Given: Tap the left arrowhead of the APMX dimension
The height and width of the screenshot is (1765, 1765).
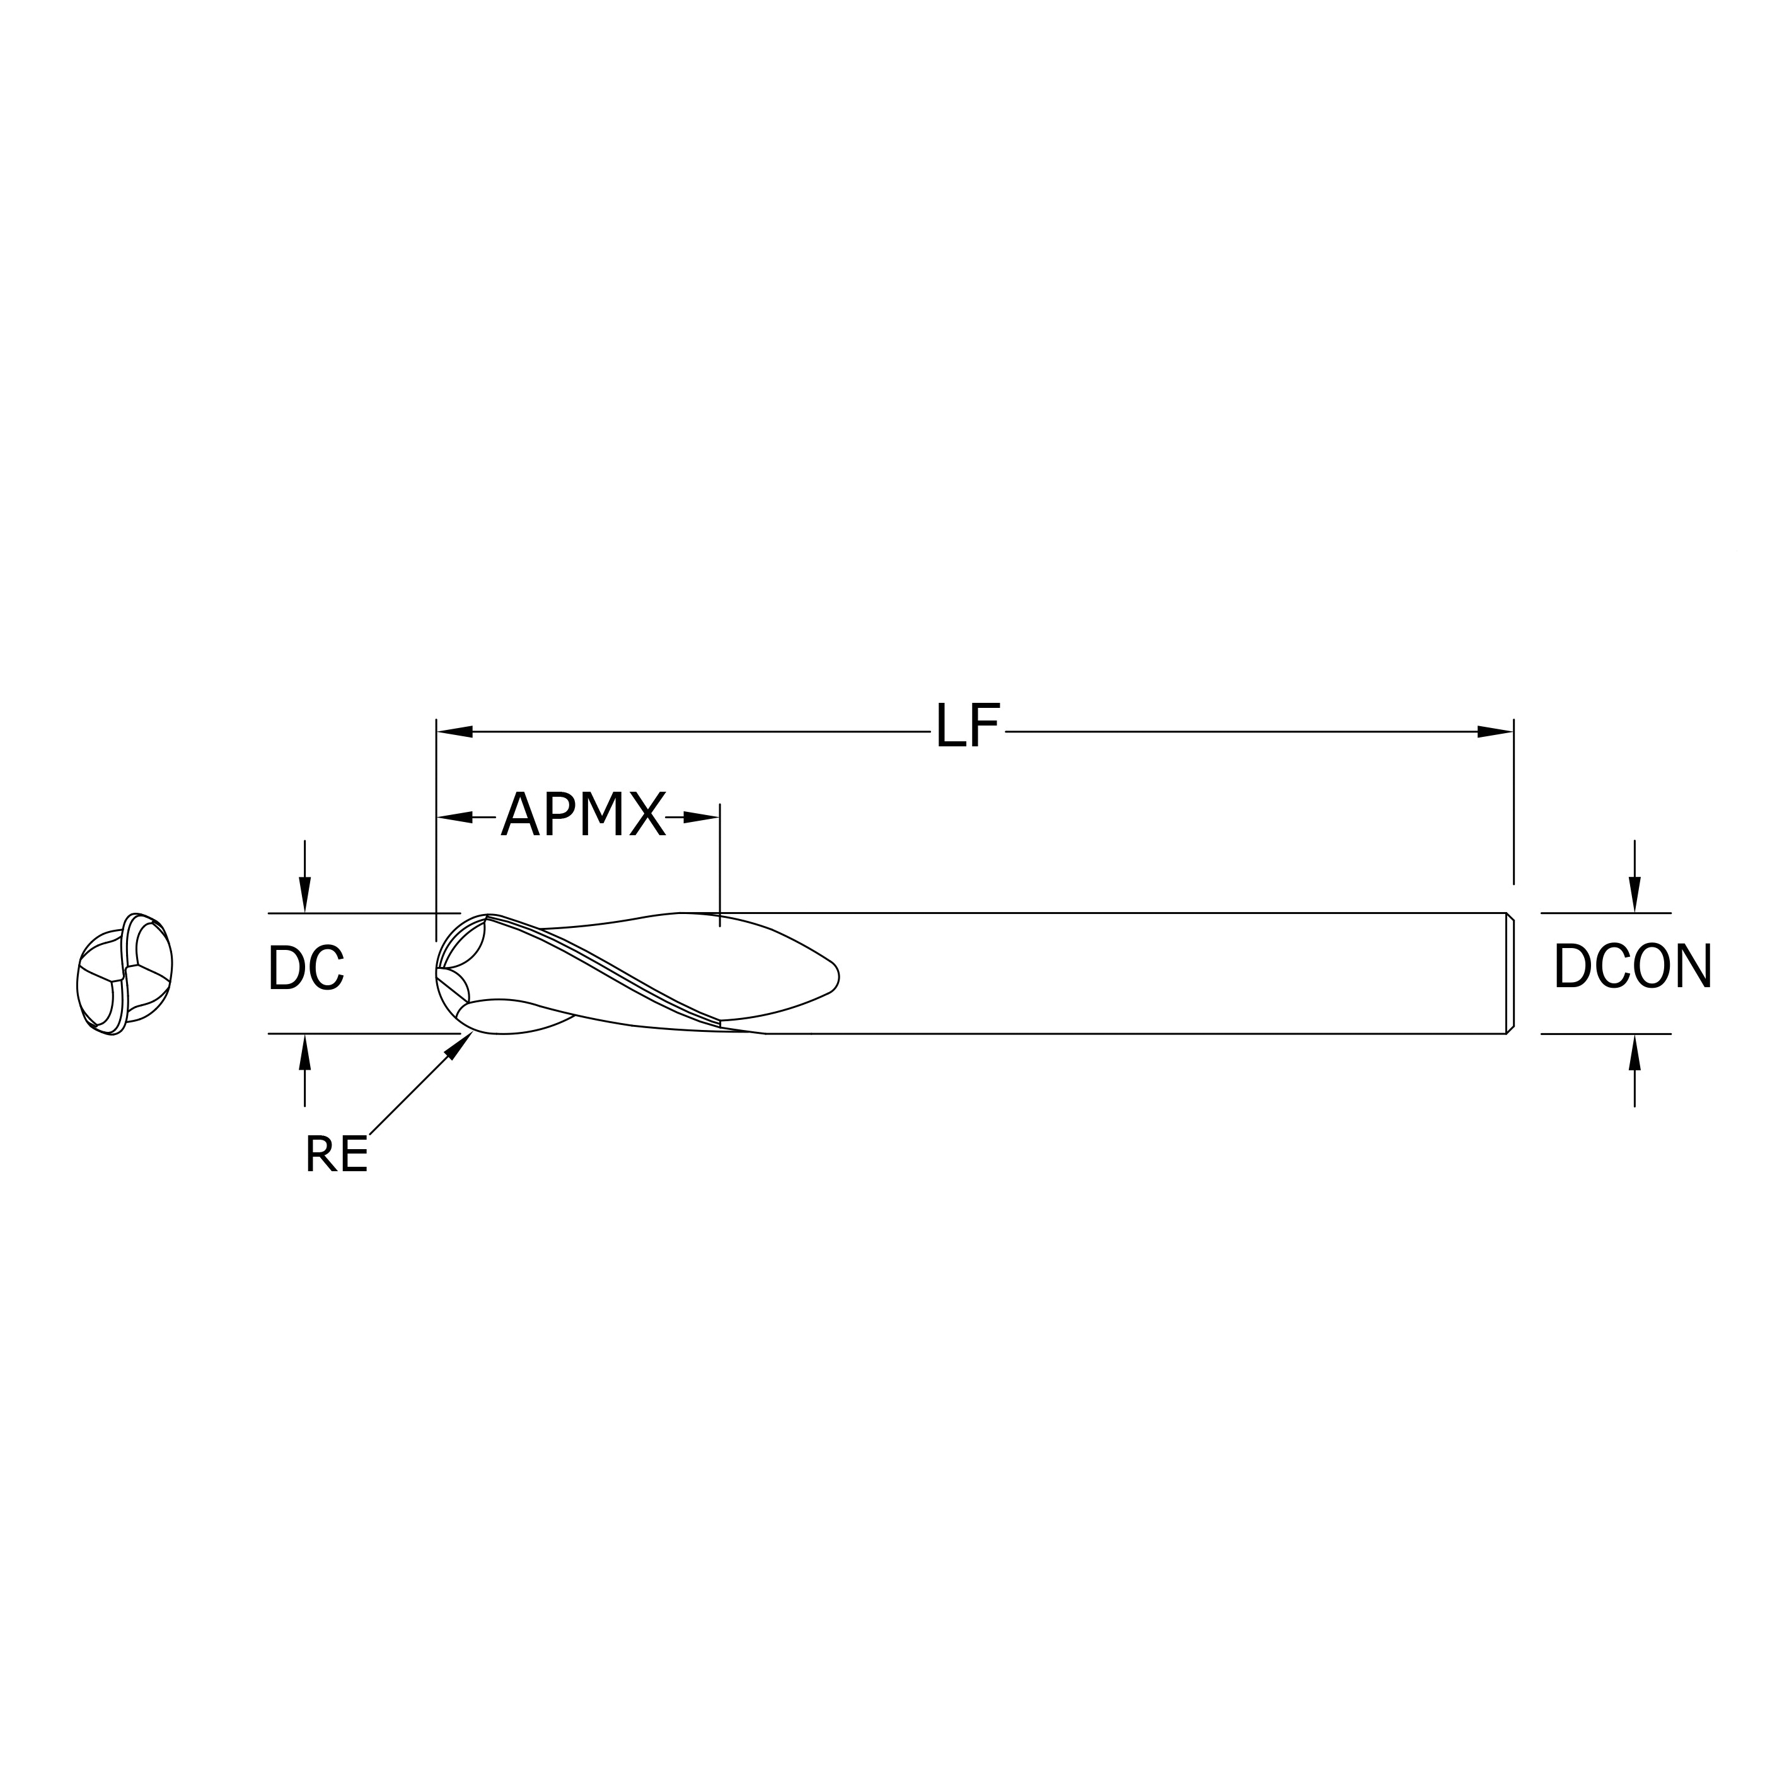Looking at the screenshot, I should point(455,817).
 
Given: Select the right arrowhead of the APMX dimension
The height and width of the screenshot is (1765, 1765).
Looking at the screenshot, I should point(701,817).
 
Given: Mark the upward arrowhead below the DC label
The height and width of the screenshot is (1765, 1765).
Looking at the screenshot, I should point(305,1053).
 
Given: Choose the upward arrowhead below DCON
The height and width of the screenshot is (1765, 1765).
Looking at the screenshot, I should point(1635,1053).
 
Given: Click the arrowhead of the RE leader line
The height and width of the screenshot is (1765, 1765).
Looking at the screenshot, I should point(460,1045).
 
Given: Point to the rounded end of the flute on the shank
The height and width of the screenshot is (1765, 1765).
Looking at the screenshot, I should point(833,978).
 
